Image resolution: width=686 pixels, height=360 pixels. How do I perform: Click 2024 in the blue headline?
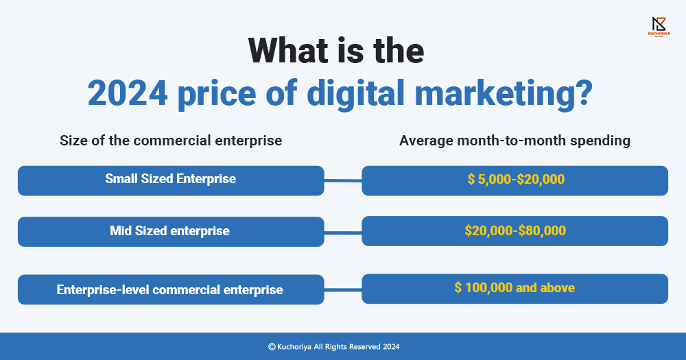128,93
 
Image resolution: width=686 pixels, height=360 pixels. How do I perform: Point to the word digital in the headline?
355,95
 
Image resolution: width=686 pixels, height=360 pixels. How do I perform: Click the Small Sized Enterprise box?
171,180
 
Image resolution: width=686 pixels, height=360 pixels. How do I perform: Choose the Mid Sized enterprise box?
171,231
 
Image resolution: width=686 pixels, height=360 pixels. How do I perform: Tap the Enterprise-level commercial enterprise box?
171,289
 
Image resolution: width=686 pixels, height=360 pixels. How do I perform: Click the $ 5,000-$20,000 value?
516,179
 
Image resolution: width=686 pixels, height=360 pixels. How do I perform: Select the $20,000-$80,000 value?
515,230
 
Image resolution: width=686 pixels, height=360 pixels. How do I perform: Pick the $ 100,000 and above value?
514,287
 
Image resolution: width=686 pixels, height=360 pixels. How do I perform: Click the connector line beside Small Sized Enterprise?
343,180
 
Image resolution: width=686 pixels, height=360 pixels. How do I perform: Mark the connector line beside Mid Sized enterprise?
343,232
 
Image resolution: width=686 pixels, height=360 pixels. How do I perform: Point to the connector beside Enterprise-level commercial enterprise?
343,289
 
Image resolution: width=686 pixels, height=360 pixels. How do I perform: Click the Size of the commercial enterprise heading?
171,141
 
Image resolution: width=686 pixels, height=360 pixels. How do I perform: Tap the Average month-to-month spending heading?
514,141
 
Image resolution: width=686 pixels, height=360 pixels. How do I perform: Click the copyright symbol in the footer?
272,347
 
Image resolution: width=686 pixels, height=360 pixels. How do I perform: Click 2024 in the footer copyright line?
391,347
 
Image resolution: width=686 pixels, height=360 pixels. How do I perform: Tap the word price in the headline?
217,95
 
